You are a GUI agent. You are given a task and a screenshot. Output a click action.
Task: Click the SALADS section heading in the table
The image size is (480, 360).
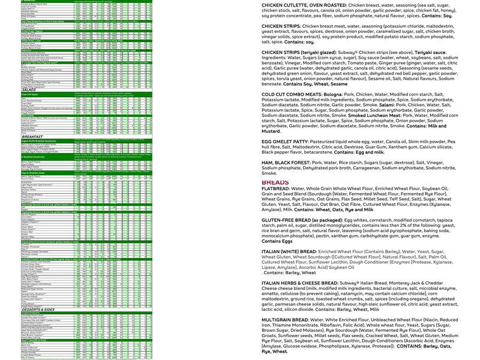click(13, 89)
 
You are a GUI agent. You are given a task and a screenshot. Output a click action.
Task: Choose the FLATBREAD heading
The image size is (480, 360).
click(275, 188)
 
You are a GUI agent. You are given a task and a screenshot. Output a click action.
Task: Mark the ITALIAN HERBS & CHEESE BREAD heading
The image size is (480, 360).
click(311, 283)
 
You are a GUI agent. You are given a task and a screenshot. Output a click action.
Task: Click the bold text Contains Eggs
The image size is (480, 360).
click(280, 241)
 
